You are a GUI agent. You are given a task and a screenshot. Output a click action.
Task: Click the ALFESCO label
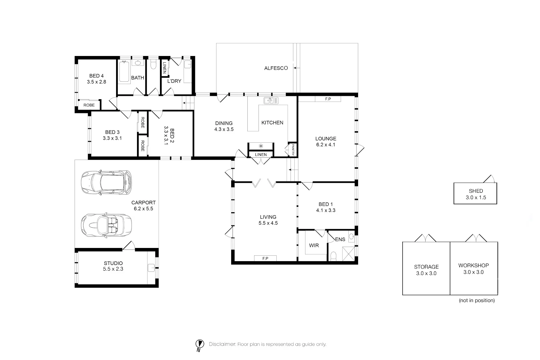[276, 68]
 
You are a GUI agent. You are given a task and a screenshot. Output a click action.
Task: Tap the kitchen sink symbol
[271, 101]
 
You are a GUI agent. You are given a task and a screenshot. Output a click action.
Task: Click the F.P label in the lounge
[328, 99]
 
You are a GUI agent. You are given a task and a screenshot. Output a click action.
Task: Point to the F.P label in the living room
[265, 258]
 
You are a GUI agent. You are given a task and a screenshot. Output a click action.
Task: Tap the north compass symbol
[200, 344]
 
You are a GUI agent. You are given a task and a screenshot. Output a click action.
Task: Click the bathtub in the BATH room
[125, 72]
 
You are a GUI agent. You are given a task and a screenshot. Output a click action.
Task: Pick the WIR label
[314, 245]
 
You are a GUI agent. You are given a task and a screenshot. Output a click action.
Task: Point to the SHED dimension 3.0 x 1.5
[476, 198]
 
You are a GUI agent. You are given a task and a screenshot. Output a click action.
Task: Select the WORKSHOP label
[474, 266]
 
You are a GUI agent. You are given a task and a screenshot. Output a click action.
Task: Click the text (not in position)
[477, 300]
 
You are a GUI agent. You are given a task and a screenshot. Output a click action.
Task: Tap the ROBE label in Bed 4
[89, 105]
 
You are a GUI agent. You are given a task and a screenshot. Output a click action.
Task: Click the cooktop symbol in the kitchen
[261, 146]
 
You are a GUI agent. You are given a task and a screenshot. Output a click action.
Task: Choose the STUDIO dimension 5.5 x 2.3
[113, 269]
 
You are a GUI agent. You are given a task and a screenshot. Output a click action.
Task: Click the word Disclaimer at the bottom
[222, 344]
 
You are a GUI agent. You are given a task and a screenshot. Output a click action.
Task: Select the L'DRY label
[174, 81]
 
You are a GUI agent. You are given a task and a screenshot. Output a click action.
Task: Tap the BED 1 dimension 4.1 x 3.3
[326, 210]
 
